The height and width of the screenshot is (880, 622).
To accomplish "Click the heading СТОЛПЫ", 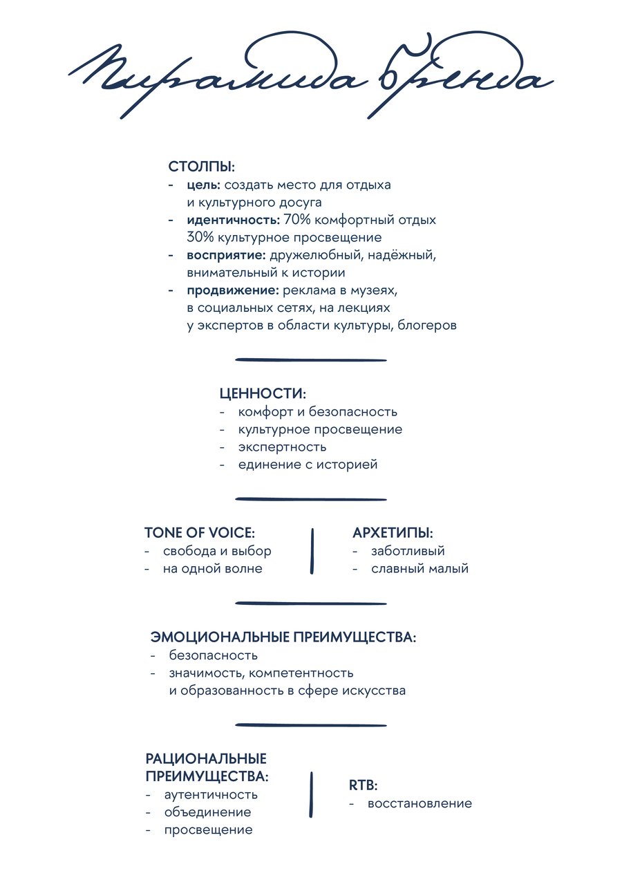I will (x=202, y=167).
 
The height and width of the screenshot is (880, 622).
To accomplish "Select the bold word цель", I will (x=203, y=185).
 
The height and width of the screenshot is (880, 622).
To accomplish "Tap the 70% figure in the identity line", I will (x=296, y=220).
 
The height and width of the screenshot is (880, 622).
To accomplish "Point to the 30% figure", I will (x=199, y=238).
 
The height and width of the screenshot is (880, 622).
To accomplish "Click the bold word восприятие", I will (x=226, y=255).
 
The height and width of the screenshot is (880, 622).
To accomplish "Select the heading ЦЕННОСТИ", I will (x=263, y=393).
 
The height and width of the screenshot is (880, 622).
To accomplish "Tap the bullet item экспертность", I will (x=282, y=447).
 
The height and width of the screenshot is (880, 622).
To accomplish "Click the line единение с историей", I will (x=308, y=465).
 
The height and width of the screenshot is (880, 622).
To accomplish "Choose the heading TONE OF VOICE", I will (x=200, y=533).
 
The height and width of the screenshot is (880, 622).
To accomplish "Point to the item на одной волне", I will (x=212, y=569).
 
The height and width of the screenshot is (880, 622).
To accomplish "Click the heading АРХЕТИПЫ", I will (x=393, y=533).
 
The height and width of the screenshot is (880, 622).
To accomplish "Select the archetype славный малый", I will (x=420, y=569).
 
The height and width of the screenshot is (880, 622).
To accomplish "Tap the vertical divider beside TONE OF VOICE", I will (x=312, y=551).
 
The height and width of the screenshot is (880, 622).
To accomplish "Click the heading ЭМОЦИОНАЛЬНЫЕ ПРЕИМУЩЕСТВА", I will (x=283, y=637).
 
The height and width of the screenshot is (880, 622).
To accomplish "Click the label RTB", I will (x=363, y=785).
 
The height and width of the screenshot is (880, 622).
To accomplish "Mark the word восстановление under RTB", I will (x=420, y=803).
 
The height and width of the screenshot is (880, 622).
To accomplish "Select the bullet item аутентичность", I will (x=211, y=794).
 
